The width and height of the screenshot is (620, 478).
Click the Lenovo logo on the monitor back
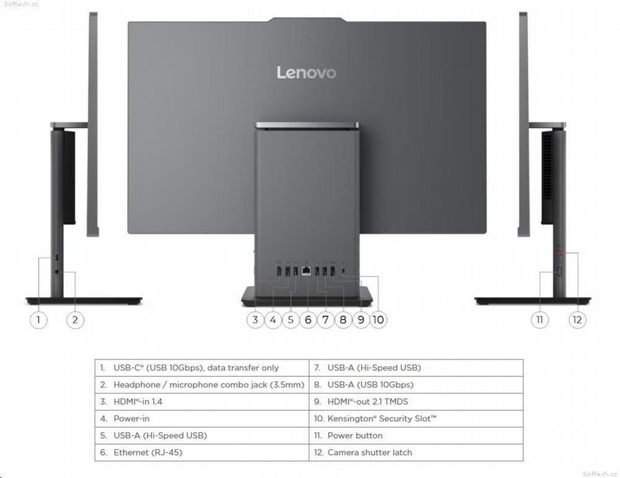click(306, 73)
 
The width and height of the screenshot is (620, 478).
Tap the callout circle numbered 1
click(38, 319)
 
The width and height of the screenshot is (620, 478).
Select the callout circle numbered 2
click(75, 319)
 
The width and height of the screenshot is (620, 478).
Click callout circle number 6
click(308, 319)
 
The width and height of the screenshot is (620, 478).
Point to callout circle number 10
click(378, 319)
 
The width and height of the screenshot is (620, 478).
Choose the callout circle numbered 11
click(540, 319)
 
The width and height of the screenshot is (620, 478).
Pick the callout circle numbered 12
click(577, 319)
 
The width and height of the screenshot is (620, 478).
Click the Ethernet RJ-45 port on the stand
click(306, 271)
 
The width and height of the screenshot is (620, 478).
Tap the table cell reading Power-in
click(131, 418)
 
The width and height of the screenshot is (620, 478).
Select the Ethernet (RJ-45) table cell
click(148, 453)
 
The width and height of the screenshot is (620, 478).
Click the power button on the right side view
click(560, 272)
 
